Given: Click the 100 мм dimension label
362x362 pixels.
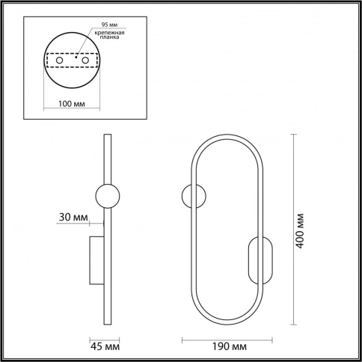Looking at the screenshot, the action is pos(72,104).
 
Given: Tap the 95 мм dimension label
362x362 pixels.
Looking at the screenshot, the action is pos(109,25).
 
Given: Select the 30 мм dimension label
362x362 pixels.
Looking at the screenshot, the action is pos(73,218).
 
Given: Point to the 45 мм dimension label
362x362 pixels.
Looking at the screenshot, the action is pos(105,346).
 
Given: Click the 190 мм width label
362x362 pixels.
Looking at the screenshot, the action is pos(230,346).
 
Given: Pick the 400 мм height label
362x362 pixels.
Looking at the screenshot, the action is pos(300,230).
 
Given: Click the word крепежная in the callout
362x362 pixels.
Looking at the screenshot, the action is pos(109,33).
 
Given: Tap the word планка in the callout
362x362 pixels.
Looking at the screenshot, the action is pos(109,37).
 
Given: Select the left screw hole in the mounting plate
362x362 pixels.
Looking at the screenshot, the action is pos(59,60).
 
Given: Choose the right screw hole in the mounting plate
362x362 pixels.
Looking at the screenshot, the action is pos(85,60).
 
